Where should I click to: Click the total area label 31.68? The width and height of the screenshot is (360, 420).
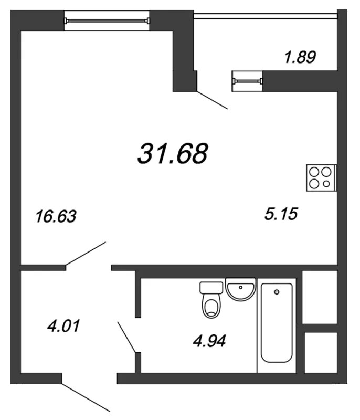click(173, 153)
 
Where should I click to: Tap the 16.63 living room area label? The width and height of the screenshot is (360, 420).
click(56, 216)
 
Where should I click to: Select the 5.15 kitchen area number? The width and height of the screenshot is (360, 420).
click(281, 214)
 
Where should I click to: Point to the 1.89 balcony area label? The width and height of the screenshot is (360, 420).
click(300, 57)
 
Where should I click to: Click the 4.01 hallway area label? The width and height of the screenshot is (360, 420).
click(63, 326)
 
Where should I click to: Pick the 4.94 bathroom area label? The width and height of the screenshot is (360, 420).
click(209, 341)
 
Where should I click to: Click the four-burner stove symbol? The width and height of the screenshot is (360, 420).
click(321, 177)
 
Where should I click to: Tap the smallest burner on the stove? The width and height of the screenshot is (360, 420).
click(326, 184)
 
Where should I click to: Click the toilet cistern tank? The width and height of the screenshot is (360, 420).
click(211, 288)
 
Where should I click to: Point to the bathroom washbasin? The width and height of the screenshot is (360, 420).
click(241, 289)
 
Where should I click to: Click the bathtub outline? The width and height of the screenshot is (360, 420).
click(277, 323)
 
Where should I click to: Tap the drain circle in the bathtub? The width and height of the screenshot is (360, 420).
click(277, 292)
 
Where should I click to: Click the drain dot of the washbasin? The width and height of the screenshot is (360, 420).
click(241, 287)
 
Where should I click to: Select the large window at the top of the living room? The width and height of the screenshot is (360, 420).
click(107, 20)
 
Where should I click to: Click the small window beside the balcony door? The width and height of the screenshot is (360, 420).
click(247, 81)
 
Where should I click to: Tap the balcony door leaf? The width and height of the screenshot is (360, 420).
click(212, 100)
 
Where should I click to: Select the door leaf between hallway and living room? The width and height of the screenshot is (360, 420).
click(86, 254)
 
